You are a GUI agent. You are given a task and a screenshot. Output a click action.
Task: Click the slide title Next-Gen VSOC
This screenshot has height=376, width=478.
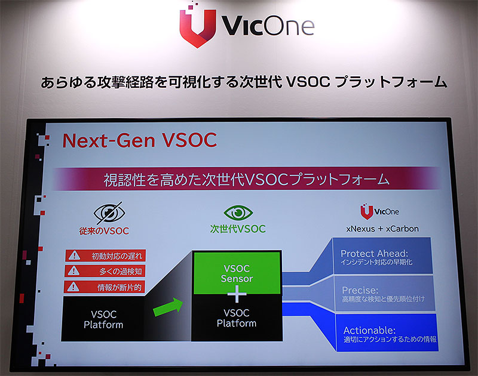pos(140,140)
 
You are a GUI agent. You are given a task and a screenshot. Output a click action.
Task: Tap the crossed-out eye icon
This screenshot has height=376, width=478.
pos(109,212)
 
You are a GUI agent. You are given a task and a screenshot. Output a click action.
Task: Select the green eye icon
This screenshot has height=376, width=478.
pos(238,212)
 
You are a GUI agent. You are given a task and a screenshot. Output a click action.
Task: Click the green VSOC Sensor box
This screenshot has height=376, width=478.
pos(237,273)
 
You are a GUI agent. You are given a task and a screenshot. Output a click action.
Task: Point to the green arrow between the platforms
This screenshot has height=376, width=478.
pos(168,307)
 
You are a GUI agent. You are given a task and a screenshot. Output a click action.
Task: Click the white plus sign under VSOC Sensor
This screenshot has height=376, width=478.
pos(237,294)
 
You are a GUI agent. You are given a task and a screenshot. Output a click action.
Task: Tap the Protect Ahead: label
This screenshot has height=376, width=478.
pos(375,253)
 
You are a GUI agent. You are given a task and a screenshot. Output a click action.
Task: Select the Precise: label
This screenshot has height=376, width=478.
pos(360,290)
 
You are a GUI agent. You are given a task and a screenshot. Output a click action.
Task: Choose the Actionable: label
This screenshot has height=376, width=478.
pos(369,330)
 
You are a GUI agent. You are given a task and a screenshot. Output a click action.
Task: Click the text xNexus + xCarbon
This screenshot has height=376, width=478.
pos(382,229)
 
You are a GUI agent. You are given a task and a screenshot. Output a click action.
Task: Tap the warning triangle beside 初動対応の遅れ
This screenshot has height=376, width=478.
pos(74,255)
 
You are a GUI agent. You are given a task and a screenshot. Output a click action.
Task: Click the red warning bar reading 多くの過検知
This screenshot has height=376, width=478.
pos(105,271)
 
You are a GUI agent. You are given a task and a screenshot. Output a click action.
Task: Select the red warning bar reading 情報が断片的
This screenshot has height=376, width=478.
pos(104,287)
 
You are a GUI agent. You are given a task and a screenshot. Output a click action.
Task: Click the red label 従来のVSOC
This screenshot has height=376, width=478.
pos(104,231)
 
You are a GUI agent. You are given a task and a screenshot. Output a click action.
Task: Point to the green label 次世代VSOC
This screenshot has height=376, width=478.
pos(238,229)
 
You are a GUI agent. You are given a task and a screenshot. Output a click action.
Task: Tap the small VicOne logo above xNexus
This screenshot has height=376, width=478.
pos(379,211)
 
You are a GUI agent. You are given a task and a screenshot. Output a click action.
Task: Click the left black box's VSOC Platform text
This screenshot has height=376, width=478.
pos(103,319)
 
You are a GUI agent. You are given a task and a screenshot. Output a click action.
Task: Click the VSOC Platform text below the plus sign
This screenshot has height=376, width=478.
pos(237,318)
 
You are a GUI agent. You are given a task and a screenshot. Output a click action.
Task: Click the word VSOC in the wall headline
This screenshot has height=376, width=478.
pos(308,82)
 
